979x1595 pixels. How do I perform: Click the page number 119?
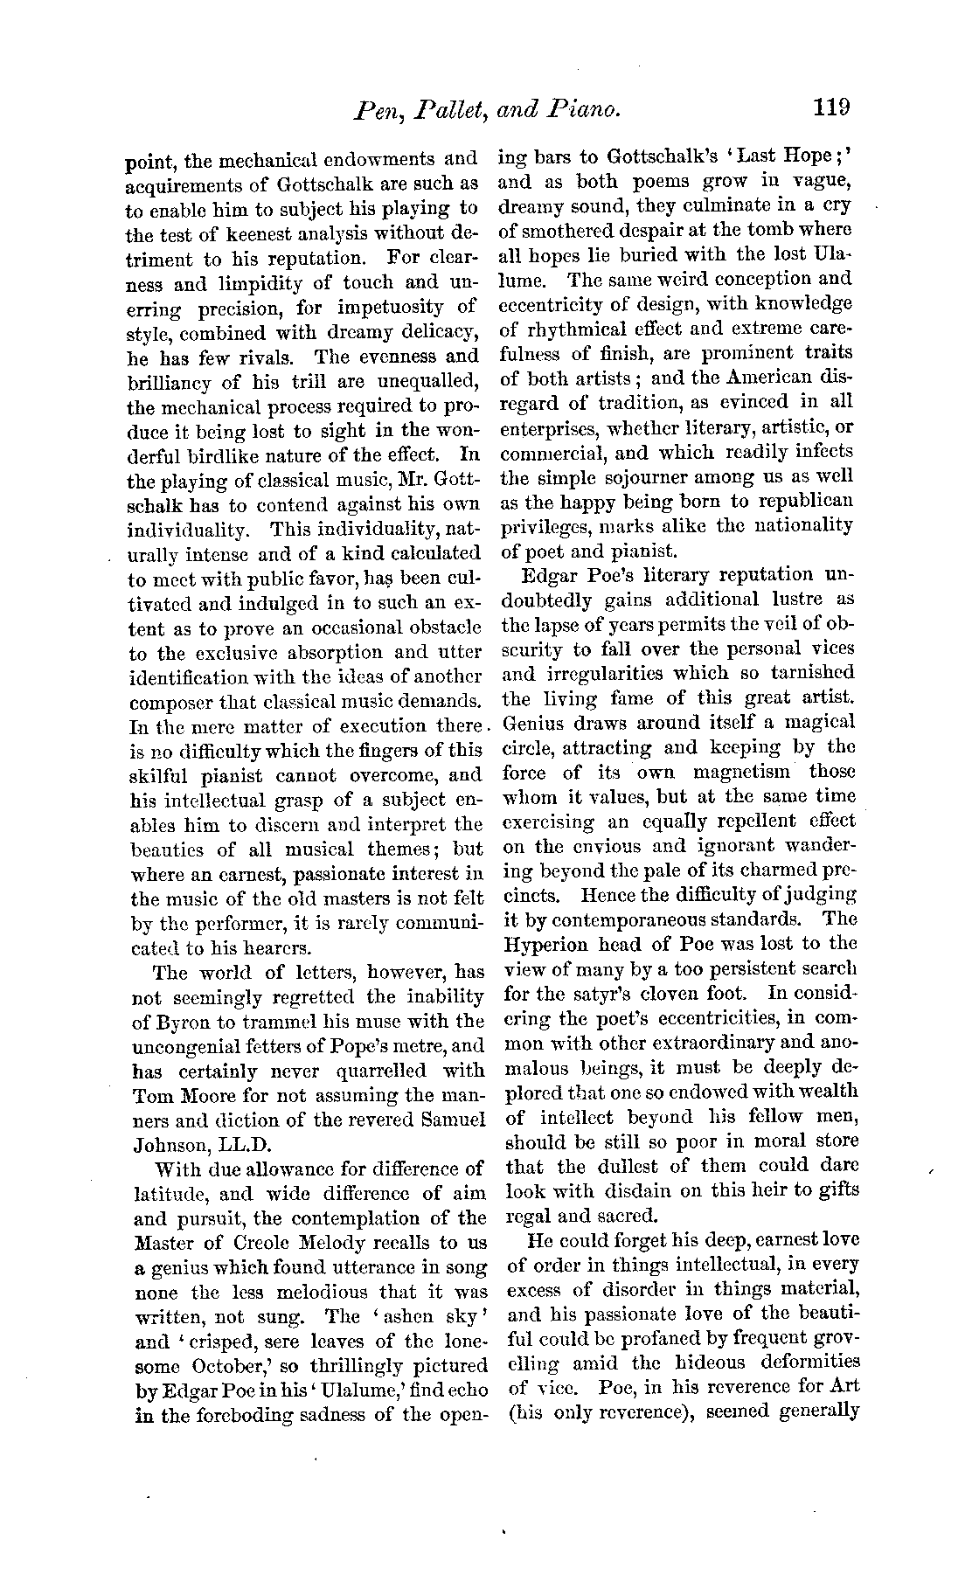click(x=830, y=107)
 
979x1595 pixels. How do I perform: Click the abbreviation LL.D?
click(x=232, y=1145)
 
